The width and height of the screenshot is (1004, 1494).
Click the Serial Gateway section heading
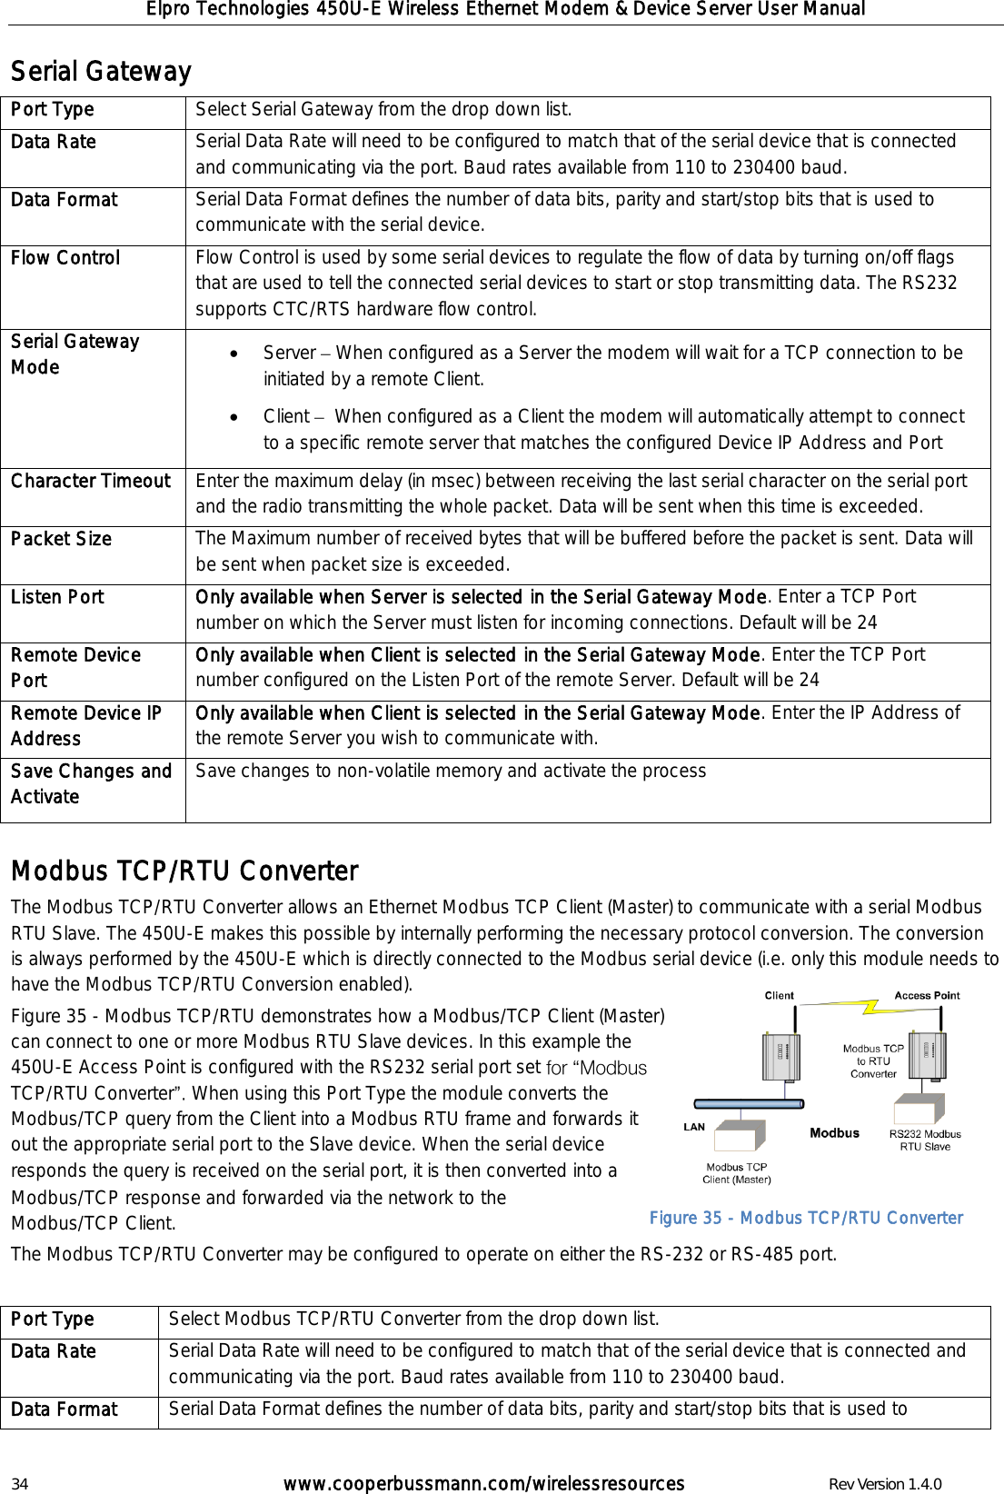pyautogui.click(x=101, y=71)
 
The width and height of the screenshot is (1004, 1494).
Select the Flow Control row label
pyautogui.click(x=65, y=258)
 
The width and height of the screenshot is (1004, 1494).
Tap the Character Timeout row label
pyautogui.click(x=91, y=481)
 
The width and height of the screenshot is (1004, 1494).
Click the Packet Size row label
pyautogui.click(x=61, y=539)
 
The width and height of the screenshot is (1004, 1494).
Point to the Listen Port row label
pyautogui.click(x=57, y=597)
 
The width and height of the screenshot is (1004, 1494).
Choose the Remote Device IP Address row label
pyautogui.click(x=86, y=725)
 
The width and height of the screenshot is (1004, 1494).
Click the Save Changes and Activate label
pyautogui.click(x=91, y=783)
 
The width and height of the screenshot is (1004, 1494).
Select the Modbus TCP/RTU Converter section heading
pyautogui.click(x=184, y=871)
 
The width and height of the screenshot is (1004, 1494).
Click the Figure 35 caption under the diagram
pyautogui.click(x=806, y=1218)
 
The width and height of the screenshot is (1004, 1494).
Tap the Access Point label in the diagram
pyautogui.click(x=927, y=995)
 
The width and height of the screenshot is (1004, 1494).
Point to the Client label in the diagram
pyautogui.click(x=779, y=995)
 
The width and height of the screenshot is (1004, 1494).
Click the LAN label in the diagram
pyautogui.click(x=694, y=1127)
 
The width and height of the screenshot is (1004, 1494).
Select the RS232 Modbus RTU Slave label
pyautogui.click(x=925, y=1140)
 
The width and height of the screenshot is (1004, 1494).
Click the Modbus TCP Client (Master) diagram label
pyautogui.click(x=736, y=1173)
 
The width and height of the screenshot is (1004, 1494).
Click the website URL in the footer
pyautogui.click(x=483, y=1484)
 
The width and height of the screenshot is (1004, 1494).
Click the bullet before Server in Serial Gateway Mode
pyautogui.click(x=236, y=354)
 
